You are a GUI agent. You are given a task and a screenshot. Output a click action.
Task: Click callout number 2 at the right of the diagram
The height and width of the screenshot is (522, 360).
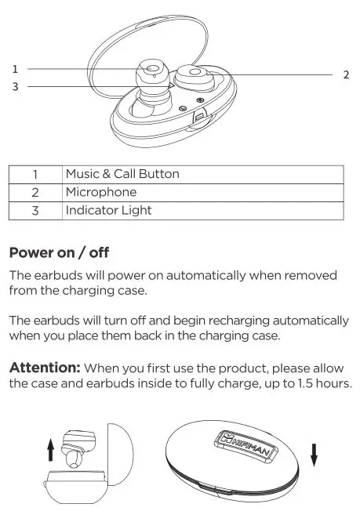(346, 74)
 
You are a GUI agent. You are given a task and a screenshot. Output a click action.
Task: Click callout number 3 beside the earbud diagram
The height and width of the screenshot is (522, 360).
(15, 86)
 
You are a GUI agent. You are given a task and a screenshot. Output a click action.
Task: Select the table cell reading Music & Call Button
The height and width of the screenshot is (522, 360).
(122, 174)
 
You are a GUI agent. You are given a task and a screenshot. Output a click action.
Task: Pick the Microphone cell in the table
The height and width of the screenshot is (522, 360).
(101, 192)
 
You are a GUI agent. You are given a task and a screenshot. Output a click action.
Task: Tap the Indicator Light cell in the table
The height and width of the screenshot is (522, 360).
(109, 210)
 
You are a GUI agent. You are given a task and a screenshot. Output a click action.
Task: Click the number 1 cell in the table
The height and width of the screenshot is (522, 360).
(35, 174)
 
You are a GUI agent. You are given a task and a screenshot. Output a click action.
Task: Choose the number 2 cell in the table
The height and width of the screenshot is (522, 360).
(35, 192)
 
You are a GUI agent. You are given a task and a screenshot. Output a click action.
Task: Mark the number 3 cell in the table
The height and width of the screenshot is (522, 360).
(35, 210)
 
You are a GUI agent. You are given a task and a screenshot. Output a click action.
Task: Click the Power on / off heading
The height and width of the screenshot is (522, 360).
(59, 253)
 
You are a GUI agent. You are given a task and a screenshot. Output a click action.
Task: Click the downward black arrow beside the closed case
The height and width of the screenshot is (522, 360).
(314, 454)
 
